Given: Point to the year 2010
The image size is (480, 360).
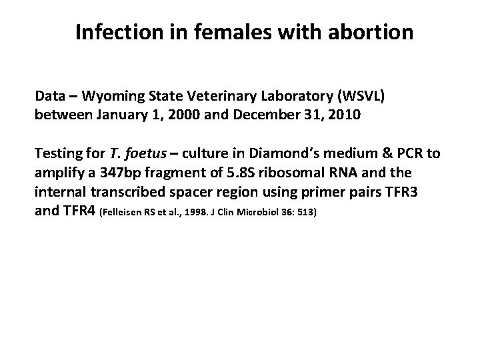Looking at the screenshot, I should [345, 114].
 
